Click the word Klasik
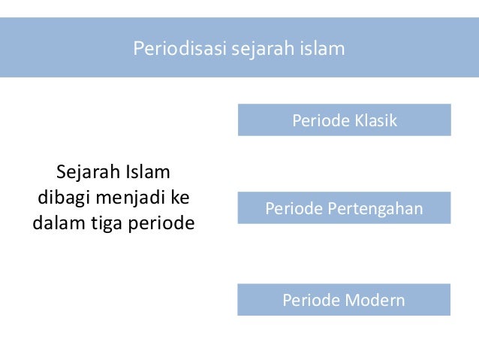coord(374,120)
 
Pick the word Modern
coord(375,301)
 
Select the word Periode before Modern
coord(310,301)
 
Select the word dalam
coord(56,224)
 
